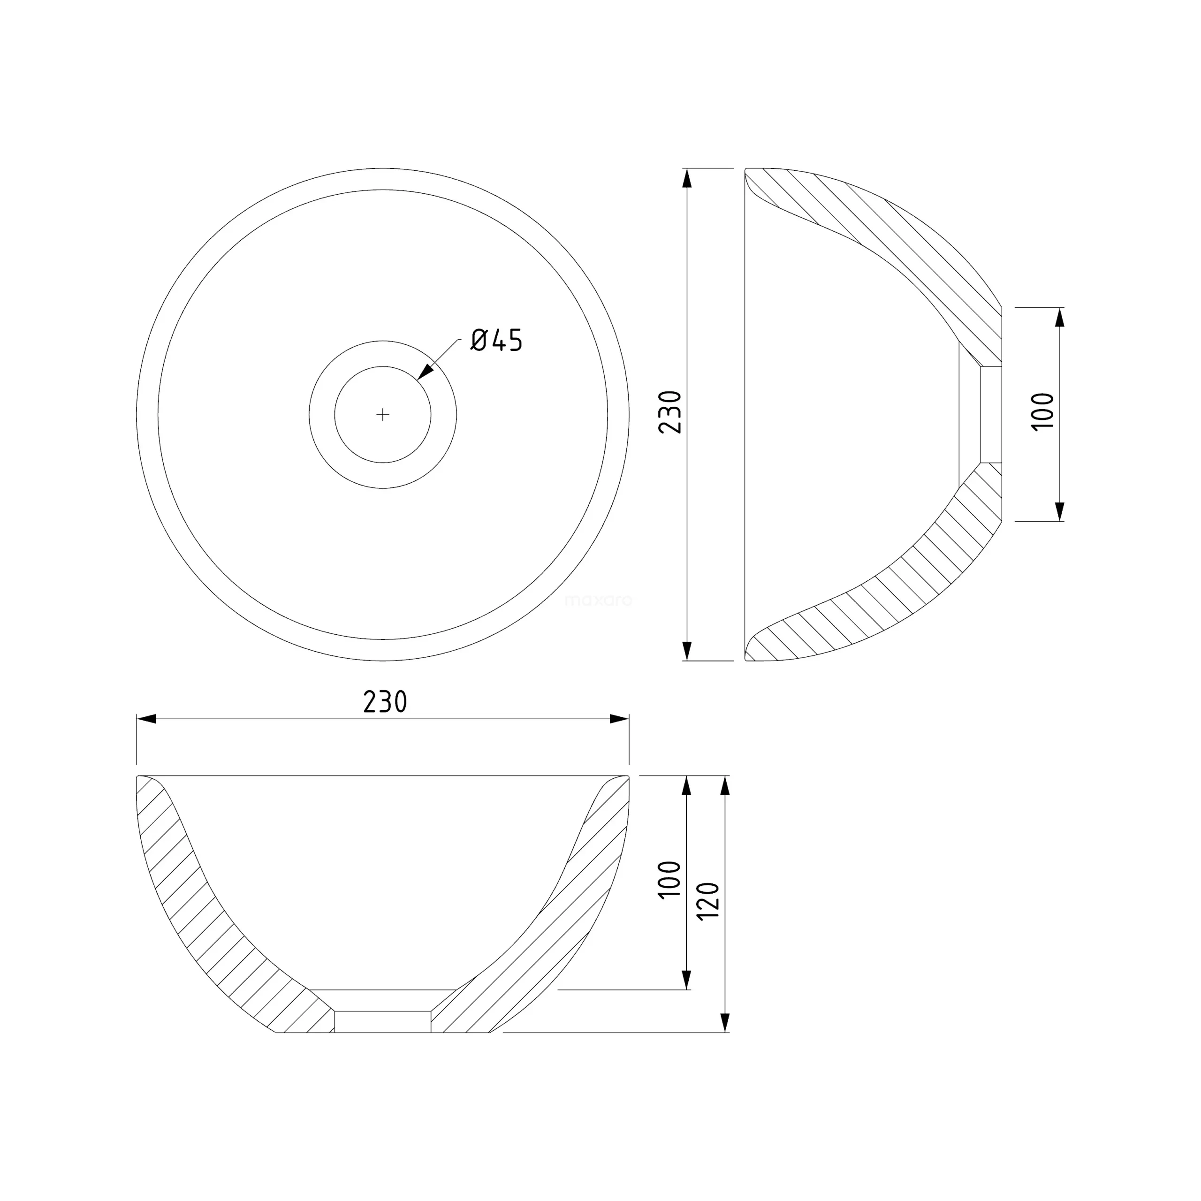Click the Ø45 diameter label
coord(497,340)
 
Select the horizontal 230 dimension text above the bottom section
coord(385,702)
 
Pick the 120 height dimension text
coord(709,901)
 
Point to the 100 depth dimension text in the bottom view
coord(669,879)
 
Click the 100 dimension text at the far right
coord(1043,411)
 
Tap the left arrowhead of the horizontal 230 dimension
coord(146,719)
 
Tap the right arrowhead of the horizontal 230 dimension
coord(619,719)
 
